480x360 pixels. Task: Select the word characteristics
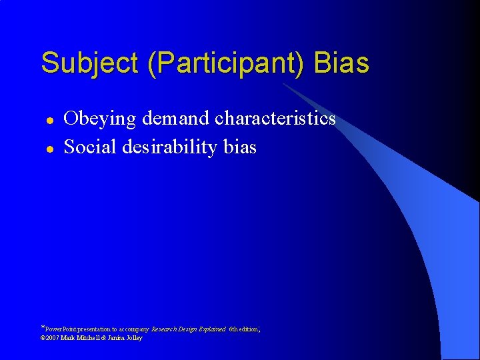click(275, 119)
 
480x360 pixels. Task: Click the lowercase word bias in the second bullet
click(239, 147)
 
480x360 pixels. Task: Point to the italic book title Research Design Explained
click(189, 329)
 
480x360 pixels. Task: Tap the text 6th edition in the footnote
click(243, 329)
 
